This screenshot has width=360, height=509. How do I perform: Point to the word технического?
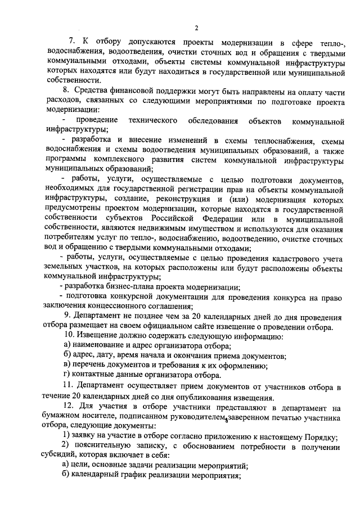(x=152, y=120)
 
